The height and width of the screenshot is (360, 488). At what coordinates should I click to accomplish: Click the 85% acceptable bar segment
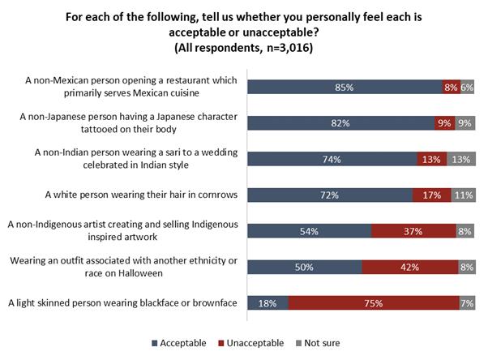tap(345, 88)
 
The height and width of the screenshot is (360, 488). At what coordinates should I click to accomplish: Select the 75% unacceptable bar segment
tap(372, 302)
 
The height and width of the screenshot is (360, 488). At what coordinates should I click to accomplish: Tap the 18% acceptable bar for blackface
tap(267, 302)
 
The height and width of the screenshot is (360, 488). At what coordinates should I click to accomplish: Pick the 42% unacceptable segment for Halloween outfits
tap(409, 267)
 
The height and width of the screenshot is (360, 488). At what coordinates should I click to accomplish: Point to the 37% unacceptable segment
tap(413, 231)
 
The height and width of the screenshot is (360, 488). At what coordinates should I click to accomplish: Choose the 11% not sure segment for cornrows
tap(462, 195)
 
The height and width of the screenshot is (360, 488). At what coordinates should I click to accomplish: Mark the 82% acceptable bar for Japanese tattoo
tap(340, 123)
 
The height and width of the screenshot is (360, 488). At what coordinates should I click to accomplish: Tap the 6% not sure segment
tap(468, 88)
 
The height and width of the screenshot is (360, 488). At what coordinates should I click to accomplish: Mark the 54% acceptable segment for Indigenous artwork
tap(309, 231)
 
